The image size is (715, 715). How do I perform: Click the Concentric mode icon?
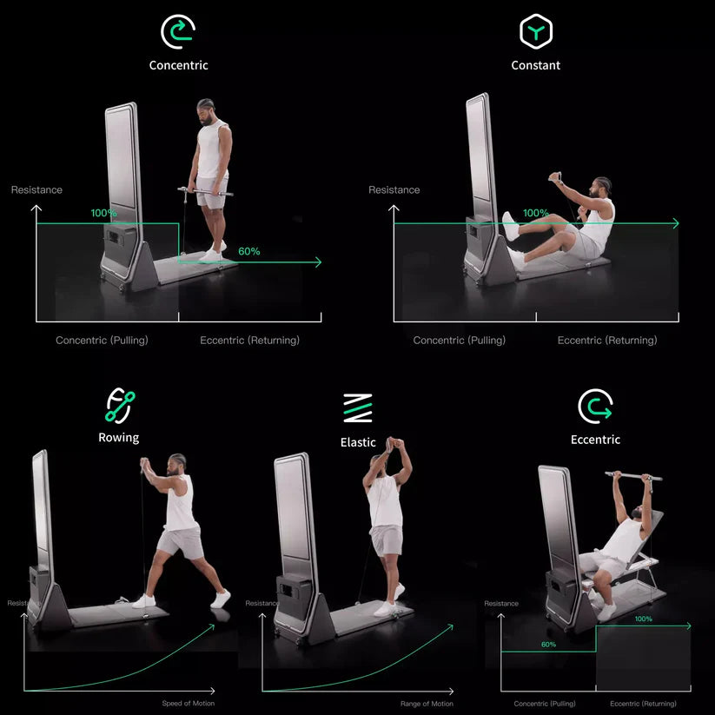point(178,32)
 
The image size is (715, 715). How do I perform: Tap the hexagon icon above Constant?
point(535,32)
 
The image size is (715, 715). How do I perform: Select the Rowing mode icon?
point(120,405)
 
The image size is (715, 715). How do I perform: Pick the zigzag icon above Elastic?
point(357,407)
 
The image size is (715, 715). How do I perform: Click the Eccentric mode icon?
point(595,406)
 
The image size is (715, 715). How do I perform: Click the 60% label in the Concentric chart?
point(248,251)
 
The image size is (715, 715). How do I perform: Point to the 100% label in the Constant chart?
point(535,213)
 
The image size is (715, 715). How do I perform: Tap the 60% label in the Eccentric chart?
point(548,645)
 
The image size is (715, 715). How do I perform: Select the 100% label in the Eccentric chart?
point(643,619)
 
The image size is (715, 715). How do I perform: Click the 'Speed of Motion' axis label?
point(188,703)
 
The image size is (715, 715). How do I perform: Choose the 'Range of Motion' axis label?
point(427,703)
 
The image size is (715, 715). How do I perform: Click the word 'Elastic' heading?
point(358,442)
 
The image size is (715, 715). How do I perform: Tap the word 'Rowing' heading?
point(118,438)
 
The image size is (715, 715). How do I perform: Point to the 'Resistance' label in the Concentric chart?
point(36,189)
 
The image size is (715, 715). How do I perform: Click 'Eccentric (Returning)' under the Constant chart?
point(606,341)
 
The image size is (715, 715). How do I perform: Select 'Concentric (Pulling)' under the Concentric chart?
point(102,341)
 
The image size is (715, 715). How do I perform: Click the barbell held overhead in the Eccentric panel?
point(632,476)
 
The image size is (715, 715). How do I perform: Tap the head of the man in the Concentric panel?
point(206,110)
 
